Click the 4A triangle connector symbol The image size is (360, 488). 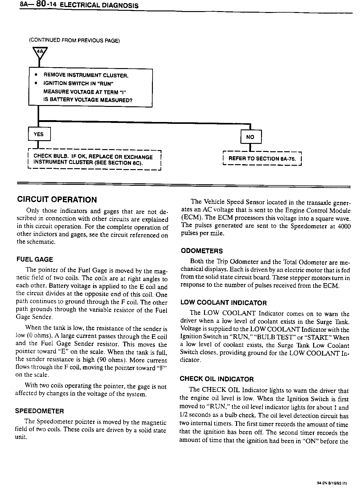[x=39, y=53]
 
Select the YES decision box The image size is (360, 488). [x=39, y=134]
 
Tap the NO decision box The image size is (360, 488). [x=250, y=137]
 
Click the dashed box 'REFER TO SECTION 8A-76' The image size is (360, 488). [x=262, y=159]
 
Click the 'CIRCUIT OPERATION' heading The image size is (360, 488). [x=57, y=200]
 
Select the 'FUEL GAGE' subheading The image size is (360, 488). [x=35, y=259]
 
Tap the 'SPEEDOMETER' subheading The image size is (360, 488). [x=39, y=411]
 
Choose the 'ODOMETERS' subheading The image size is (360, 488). [x=202, y=251]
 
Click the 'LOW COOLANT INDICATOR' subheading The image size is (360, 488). [x=223, y=303]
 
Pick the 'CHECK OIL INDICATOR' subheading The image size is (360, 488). [x=217, y=379]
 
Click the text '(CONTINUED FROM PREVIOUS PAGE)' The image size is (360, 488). [x=74, y=41]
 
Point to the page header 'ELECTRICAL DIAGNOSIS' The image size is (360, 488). [x=99, y=6]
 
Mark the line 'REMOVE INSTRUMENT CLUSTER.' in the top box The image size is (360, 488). [x=86, y=75]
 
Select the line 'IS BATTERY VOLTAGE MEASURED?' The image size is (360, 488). [x=88, y=100]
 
